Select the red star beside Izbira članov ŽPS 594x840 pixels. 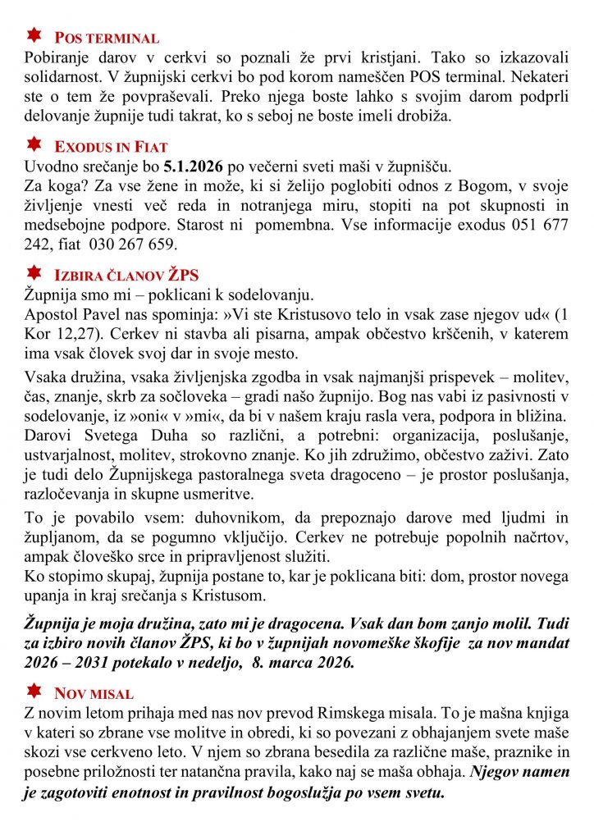[x=34, y=272]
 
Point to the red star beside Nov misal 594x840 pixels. [x=34, y=691]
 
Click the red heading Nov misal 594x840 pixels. [x=94, y=694]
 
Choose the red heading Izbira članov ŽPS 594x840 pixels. [x=126, y=276]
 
